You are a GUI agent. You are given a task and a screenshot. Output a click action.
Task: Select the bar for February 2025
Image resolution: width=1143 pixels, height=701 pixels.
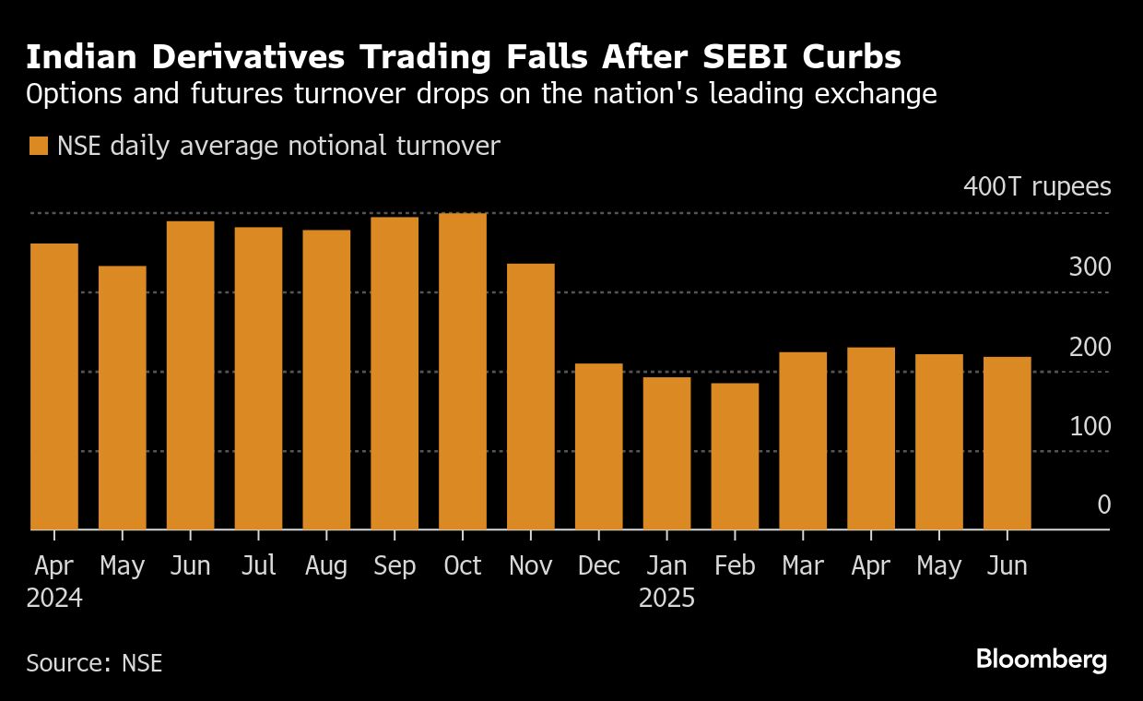pos(735,457)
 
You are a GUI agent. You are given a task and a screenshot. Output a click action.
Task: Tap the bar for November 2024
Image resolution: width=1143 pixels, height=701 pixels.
pos(531,397)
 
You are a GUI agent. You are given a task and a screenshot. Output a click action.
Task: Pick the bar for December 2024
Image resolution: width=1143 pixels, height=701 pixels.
pos(599,446)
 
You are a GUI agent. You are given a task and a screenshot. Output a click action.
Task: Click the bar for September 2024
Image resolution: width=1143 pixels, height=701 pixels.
pos(395,374)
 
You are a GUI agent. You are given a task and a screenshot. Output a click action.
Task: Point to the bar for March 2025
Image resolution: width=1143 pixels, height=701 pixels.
pos(803,441)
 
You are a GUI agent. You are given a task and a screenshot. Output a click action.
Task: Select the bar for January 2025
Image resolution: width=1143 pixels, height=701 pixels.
pos(666,453)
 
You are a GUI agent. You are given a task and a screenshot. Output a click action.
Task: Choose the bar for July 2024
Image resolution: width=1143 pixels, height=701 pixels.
pos(258,378)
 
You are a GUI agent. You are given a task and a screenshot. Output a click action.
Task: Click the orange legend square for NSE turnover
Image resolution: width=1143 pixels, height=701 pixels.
pos(38,147)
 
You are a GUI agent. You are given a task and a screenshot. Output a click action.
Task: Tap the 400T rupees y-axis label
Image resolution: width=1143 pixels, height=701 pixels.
pos(1037,187)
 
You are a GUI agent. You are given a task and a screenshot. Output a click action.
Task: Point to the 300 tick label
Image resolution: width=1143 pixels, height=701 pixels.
pos(1090,267)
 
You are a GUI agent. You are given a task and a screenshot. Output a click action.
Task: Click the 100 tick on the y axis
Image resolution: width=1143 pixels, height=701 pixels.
pos(1090,426)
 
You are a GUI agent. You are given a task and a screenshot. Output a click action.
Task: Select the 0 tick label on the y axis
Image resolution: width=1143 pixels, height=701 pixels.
pos(1103,505)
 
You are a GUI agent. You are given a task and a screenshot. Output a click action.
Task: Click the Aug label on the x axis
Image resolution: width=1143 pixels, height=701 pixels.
pos(326,565)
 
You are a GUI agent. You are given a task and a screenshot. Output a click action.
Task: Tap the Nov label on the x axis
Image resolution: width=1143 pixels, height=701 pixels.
pos(531,565)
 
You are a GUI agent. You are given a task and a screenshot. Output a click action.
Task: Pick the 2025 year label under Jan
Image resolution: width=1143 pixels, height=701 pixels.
pos(666,598)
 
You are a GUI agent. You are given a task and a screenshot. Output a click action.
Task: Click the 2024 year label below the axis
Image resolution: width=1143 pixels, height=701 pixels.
pos(54,598)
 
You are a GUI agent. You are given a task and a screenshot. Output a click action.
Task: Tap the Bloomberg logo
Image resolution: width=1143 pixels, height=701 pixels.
pos(1042,659)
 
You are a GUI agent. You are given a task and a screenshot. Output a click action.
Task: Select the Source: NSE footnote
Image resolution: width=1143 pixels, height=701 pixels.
pos(94,662)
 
